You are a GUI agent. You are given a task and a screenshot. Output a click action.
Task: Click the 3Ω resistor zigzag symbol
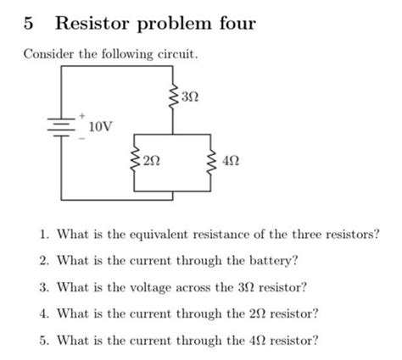coord(173,98)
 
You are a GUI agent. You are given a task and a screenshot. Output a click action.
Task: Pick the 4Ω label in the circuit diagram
coord(232,158)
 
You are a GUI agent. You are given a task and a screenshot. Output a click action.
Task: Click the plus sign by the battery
coord(83,111)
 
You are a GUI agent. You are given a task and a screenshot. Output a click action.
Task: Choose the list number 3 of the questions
coord(42,287)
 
